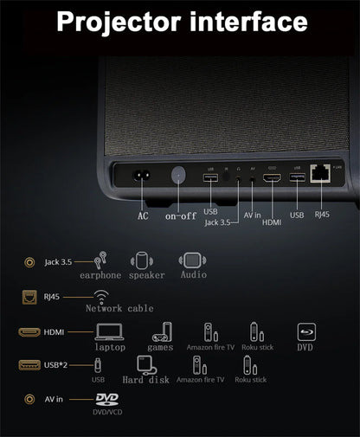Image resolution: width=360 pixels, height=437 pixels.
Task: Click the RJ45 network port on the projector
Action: (321, 173)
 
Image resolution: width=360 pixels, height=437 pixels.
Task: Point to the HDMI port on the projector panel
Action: (272, 179)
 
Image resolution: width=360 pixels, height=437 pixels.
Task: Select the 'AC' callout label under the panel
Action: (143, 215)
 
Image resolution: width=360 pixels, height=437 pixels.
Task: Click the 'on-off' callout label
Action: (181, 215)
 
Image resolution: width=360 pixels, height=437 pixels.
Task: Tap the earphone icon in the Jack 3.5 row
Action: (100, 260)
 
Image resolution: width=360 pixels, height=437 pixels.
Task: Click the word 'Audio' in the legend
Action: (193, 274)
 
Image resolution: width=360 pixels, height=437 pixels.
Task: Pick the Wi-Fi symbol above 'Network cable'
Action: (102, 296)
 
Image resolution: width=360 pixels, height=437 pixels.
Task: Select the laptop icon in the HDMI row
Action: (110, 331)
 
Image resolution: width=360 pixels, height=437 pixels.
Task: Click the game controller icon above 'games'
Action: (161, 331)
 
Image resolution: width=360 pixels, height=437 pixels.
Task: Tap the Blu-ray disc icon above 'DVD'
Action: (305, 331)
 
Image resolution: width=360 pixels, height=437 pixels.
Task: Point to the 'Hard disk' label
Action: (145, 379)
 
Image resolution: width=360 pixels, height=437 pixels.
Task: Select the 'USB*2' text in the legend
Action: (58, 364)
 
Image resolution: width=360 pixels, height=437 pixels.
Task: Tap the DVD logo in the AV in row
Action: (106, 399)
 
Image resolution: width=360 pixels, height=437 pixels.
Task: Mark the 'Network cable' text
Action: (119, 308)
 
